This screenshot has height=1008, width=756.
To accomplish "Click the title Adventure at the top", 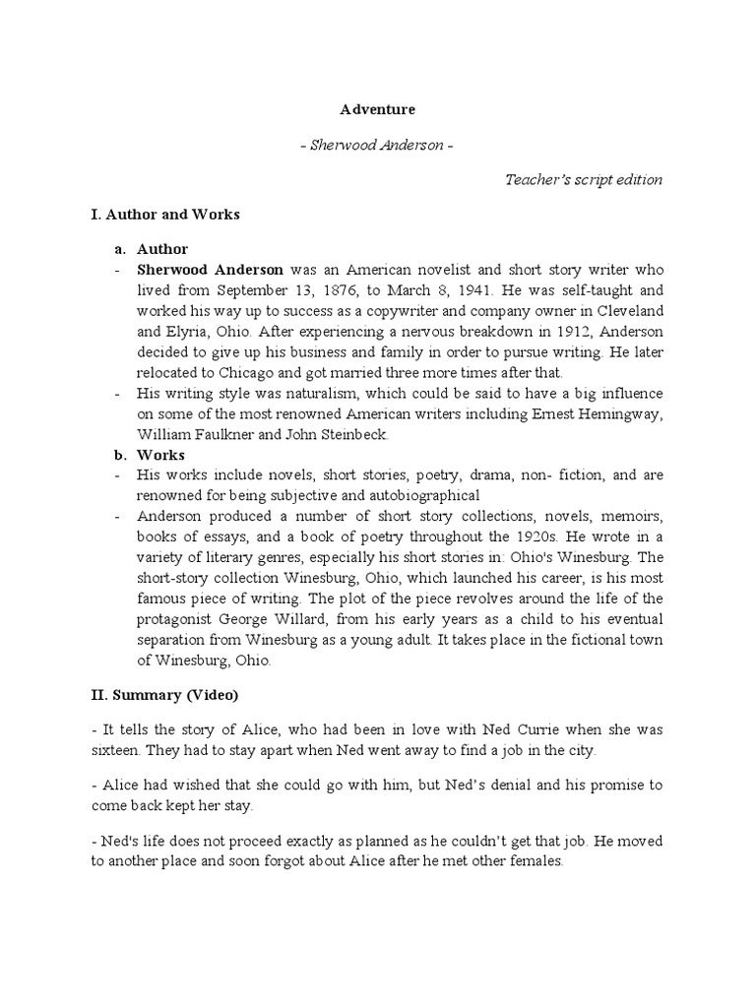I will point(377,109).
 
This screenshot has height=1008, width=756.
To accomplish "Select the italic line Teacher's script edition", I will point(584,179).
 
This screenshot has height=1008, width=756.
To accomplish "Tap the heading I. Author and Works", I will point(164,214).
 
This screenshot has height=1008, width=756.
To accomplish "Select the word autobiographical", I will point(412,495).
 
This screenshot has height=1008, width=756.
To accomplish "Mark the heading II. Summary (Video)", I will point(163,695).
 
